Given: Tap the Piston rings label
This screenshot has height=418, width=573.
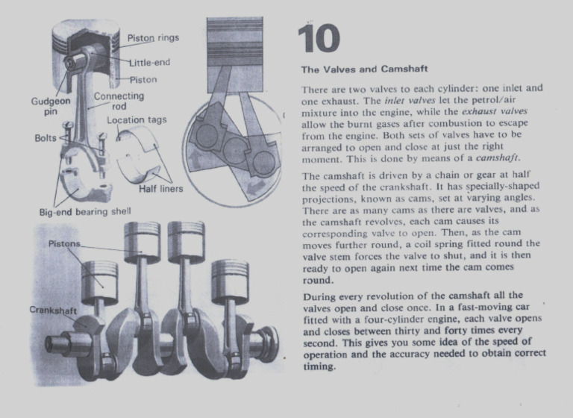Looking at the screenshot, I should (x=152, y=38).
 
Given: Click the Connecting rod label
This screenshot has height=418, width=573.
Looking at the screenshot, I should (x=119, y=102).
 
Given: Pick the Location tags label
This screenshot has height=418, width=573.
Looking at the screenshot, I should (x=137, y=120).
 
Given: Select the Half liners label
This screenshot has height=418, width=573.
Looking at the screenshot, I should (x=160, y=188).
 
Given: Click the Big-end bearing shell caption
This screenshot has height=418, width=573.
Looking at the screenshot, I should (x=84, y=211).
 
